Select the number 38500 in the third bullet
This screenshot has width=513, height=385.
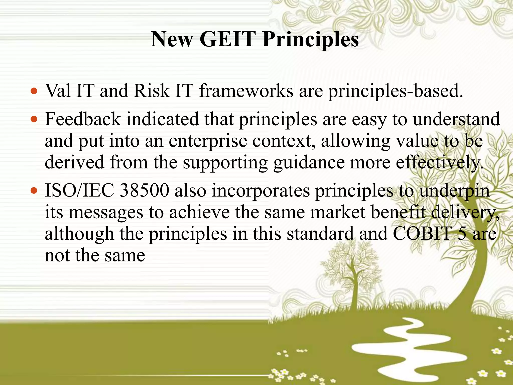145,191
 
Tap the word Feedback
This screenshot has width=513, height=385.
82,119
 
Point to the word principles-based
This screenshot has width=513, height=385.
396,91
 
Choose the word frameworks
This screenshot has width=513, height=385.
246,91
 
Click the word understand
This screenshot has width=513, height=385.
456,119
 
